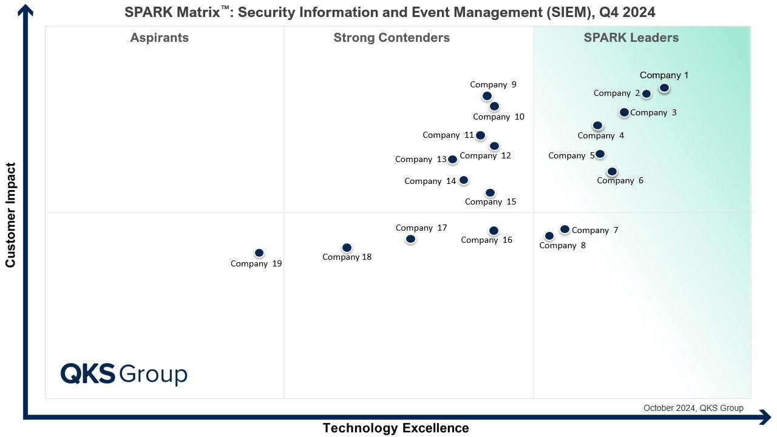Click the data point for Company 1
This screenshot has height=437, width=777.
point(664,88)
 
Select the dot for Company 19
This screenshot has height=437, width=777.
point(259,252)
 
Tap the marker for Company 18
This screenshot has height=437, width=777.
point(347,248)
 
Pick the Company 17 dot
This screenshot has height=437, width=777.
point(410,239)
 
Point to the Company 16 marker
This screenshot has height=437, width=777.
point(494,231)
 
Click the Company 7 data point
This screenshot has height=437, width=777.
point(565,229)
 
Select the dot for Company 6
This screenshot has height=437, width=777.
point(612,172)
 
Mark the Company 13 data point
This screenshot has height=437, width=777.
point(452,160)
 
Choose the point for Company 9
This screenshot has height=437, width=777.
point(487,96)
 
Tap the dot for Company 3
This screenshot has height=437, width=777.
point(624,112)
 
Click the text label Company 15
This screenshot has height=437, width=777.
point(490,202)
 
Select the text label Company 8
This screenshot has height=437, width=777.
point(562,245)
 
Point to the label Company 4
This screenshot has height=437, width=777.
point(600,135)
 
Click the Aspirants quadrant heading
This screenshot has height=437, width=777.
point(159,38)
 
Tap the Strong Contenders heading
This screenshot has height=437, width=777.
point(392,38)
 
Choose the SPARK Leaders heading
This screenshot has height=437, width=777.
point(631,38)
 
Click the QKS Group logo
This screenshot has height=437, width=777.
point(124,374)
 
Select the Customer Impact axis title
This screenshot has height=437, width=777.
point(10,215)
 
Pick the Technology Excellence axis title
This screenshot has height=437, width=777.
point(395,428)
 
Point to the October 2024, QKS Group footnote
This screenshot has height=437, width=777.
point(693,408)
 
